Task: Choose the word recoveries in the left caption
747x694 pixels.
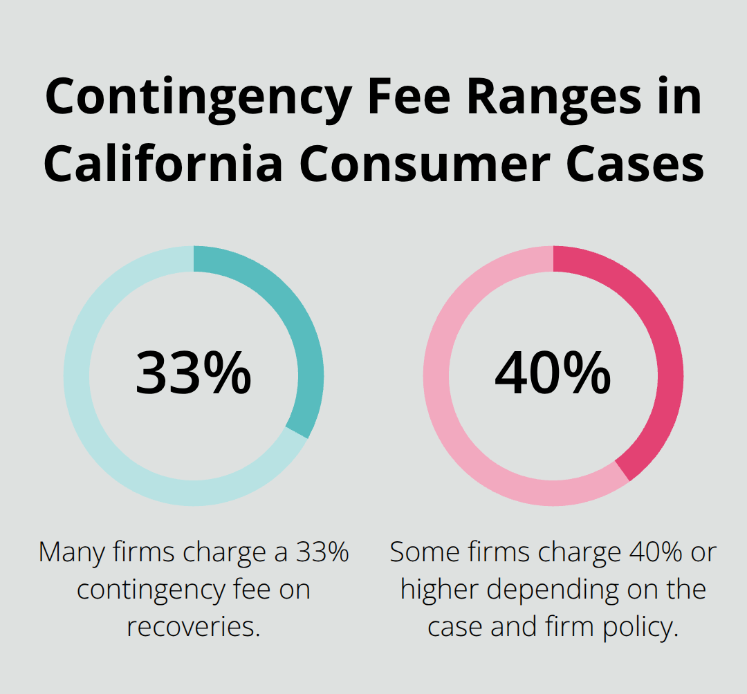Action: point(193,627)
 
